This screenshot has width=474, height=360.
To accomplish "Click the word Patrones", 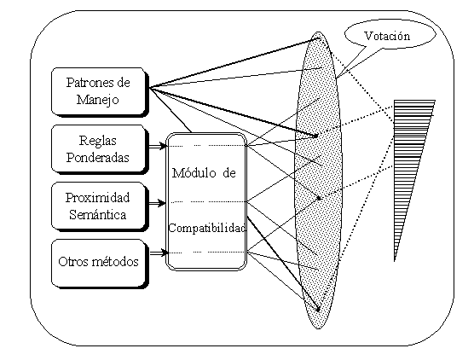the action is [x=90, y=82].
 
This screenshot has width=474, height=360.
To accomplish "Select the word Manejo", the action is [x=97, y=100].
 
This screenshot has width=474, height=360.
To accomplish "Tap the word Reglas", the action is [x=98, y=141].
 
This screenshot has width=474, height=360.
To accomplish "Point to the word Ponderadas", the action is [x=98, y=157].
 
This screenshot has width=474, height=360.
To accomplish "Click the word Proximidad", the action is [x=98, y=198].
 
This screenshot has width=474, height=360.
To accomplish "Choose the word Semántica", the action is [x=98, y=214].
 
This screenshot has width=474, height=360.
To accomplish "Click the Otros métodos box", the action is [x=100, y=264].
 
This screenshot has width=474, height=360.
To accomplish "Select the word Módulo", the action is [x=194, y=173].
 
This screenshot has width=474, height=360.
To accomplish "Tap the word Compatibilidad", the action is [x=207, y=228].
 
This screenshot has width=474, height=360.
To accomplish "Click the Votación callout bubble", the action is [x=390, y=35].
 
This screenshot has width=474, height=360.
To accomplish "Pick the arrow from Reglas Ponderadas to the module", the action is [x=158, y=147].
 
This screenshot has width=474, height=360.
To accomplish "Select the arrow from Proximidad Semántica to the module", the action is [x=158, y=203].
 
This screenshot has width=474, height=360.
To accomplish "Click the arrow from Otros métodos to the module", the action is [x=159, y=253].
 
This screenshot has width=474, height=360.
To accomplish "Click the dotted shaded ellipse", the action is [x=318, y=180].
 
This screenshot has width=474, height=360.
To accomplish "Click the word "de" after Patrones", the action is [x=124, y=82].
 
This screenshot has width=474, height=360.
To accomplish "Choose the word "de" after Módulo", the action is [x=229, y=173].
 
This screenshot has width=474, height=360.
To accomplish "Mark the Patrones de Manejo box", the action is [x=100, y=92].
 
